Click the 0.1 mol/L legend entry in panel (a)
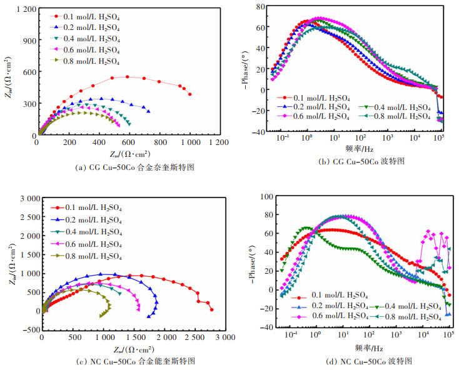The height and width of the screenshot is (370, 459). point(88,16)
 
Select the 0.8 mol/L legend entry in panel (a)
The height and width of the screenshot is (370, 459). point(88,61)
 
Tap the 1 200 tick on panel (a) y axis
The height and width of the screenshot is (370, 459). point(23,10)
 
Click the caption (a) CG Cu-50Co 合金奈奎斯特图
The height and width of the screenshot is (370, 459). point(128,168)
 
